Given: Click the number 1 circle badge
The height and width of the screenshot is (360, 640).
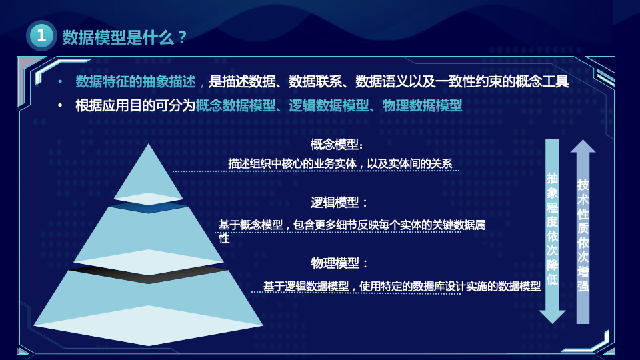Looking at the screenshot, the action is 41,35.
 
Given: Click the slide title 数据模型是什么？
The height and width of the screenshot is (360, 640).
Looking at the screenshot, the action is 124,37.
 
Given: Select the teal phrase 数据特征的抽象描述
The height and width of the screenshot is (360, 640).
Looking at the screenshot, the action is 135,81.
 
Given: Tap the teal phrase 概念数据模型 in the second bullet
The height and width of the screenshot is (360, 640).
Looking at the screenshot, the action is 235,106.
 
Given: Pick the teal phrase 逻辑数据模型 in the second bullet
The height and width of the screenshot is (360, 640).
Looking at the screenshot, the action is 329,106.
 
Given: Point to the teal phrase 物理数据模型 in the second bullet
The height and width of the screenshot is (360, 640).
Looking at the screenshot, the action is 422,106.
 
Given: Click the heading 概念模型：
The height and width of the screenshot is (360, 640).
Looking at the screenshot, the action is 337,144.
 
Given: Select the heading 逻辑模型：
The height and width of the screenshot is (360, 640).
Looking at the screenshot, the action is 339,203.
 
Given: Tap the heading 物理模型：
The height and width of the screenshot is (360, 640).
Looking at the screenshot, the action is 339,263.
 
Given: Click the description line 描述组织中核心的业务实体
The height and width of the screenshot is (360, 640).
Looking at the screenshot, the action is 292,164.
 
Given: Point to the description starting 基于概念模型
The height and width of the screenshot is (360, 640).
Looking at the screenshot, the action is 352,231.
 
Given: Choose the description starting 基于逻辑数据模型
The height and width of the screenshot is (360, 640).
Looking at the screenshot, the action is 401,286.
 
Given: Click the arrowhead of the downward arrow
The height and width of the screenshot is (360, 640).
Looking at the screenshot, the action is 552,317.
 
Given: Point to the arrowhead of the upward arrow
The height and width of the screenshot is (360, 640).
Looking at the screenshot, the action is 583,146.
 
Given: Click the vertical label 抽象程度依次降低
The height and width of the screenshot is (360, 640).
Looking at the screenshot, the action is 552,229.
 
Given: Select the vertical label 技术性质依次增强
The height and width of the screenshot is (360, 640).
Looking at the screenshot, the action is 583,236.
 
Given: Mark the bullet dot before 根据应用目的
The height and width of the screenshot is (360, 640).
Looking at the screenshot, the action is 60,106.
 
